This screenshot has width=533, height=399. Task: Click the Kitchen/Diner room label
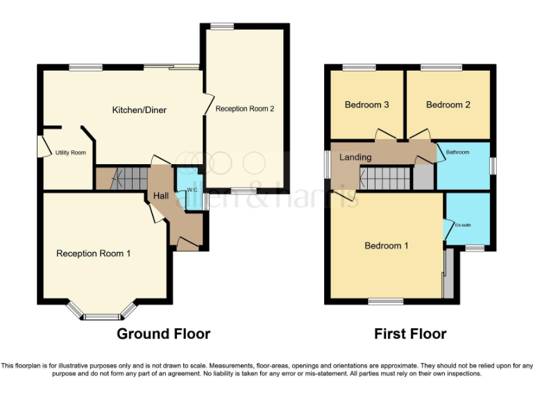coord(139,109)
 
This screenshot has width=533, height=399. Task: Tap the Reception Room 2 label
coord(245,109)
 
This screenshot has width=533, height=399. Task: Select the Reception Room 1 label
coord(93,254)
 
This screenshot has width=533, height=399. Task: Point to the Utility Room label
coord(70,152)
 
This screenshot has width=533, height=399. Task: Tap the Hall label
coord(162,197)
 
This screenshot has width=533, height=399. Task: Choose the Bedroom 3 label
coord(366,105)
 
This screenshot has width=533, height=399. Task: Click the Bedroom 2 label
coord(448,105)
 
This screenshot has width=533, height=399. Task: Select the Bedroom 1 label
coord(387,245)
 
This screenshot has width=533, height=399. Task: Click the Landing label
coord(355,157)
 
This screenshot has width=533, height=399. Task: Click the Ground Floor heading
coord(163,334)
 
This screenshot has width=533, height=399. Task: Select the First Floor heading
coord(410,334)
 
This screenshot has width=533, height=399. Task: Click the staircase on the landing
coord(386,178)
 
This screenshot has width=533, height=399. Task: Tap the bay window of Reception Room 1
coord(102,316)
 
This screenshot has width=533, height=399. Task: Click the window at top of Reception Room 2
coord(223,27)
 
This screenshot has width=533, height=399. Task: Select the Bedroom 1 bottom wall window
coord(385,301)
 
